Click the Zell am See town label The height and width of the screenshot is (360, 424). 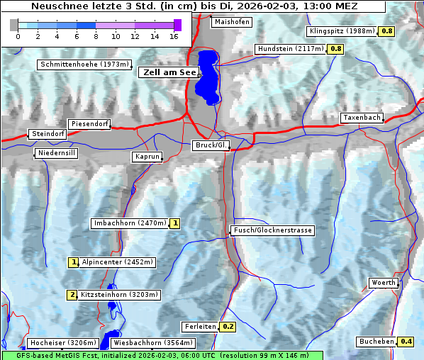pos(168,72)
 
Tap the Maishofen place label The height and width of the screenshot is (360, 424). pos(232,22)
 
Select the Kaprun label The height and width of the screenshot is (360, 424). pos(147,157)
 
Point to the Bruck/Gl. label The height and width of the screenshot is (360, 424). pos(211,145)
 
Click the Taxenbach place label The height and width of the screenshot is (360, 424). pos(362,118)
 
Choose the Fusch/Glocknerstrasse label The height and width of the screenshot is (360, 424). pos(272,230)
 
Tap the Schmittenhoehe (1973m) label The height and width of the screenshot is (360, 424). pos(84,64)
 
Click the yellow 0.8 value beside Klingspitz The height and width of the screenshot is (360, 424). pos(387,31)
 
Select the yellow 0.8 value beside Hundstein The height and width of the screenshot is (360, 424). pos(335,49)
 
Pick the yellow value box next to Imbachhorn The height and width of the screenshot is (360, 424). pos(175,223)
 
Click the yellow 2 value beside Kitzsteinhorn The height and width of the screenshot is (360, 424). pos(72,295)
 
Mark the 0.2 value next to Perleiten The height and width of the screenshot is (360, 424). pos(228,327)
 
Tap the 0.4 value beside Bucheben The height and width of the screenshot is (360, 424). pos(406,342)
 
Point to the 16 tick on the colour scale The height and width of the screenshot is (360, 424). pos(174,35)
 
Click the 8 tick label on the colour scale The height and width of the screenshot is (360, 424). pos(96,35)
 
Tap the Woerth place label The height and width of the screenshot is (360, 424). pos(384,283)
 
